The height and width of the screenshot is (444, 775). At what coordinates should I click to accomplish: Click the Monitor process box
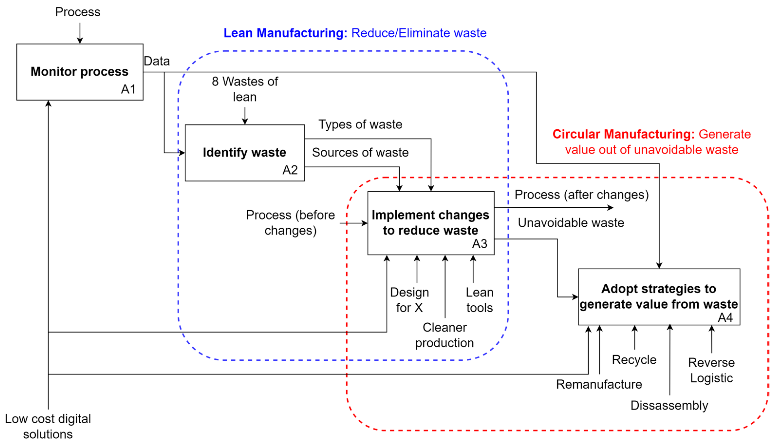coord(80,72)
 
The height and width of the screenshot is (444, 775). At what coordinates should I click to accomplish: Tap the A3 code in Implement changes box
coord(479,244)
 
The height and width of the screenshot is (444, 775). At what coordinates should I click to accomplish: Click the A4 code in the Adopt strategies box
coord(725,318)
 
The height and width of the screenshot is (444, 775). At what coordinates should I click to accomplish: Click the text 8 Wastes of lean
coord(245,89)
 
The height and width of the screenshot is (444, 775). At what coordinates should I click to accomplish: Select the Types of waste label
coord(360,125)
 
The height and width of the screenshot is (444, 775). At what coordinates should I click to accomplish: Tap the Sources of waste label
coord(360,153)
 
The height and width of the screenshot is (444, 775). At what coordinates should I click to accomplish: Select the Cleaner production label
coord(444,335)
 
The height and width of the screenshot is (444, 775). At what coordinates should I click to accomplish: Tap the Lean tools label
coord(479,300)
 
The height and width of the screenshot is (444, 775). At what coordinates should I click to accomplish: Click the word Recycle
coord(634,360)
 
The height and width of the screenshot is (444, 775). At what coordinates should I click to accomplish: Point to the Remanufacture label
coord(599,384)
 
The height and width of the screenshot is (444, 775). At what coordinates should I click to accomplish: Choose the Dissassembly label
coord(669,405)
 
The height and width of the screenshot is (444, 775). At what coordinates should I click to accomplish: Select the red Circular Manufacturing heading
coord(651,142)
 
